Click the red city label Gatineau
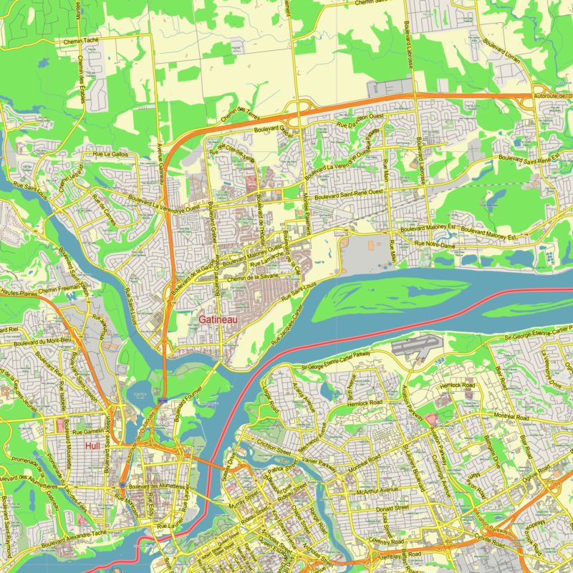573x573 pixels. tap(219, 318)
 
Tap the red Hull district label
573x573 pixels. tap(92, 446)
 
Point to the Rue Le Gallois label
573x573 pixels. tap(110, 154)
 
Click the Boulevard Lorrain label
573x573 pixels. tap(501, 51)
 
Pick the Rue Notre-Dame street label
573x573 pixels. tap(435, 246)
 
